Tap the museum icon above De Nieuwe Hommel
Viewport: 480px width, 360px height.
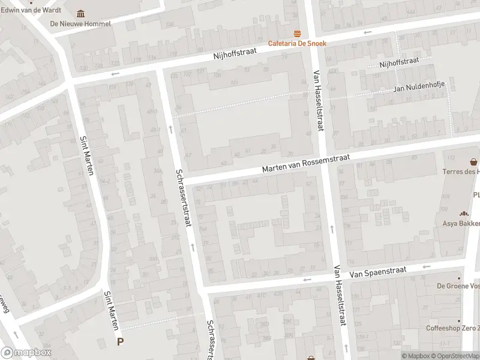coord(81,14)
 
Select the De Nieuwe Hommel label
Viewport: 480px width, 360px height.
coord(80,24)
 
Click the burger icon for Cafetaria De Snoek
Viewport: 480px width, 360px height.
coord(296,33)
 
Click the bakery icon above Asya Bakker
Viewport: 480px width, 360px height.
coord(463,214)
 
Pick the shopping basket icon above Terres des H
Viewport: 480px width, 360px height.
coord(474,161)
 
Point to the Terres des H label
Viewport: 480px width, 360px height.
coord(461,172)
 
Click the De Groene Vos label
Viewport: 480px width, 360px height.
coord(458,286)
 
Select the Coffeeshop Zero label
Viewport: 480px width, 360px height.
coord(453,328)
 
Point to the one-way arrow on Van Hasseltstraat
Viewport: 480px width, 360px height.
coord(332,229)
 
